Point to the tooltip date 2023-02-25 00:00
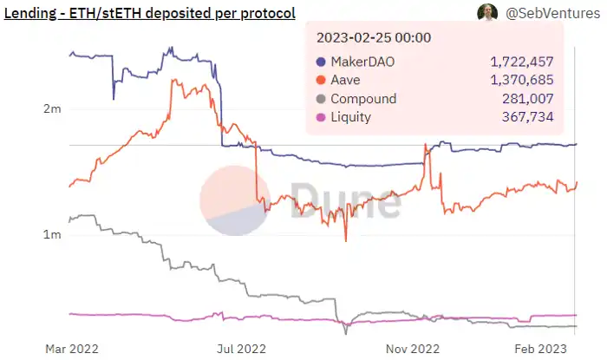click(375, 39)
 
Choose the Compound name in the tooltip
click(363, 99)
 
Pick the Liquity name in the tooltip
click(353, 117)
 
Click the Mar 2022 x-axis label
click(72, 349)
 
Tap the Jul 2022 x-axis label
click(240, 349)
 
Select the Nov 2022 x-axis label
click(412, 349)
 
